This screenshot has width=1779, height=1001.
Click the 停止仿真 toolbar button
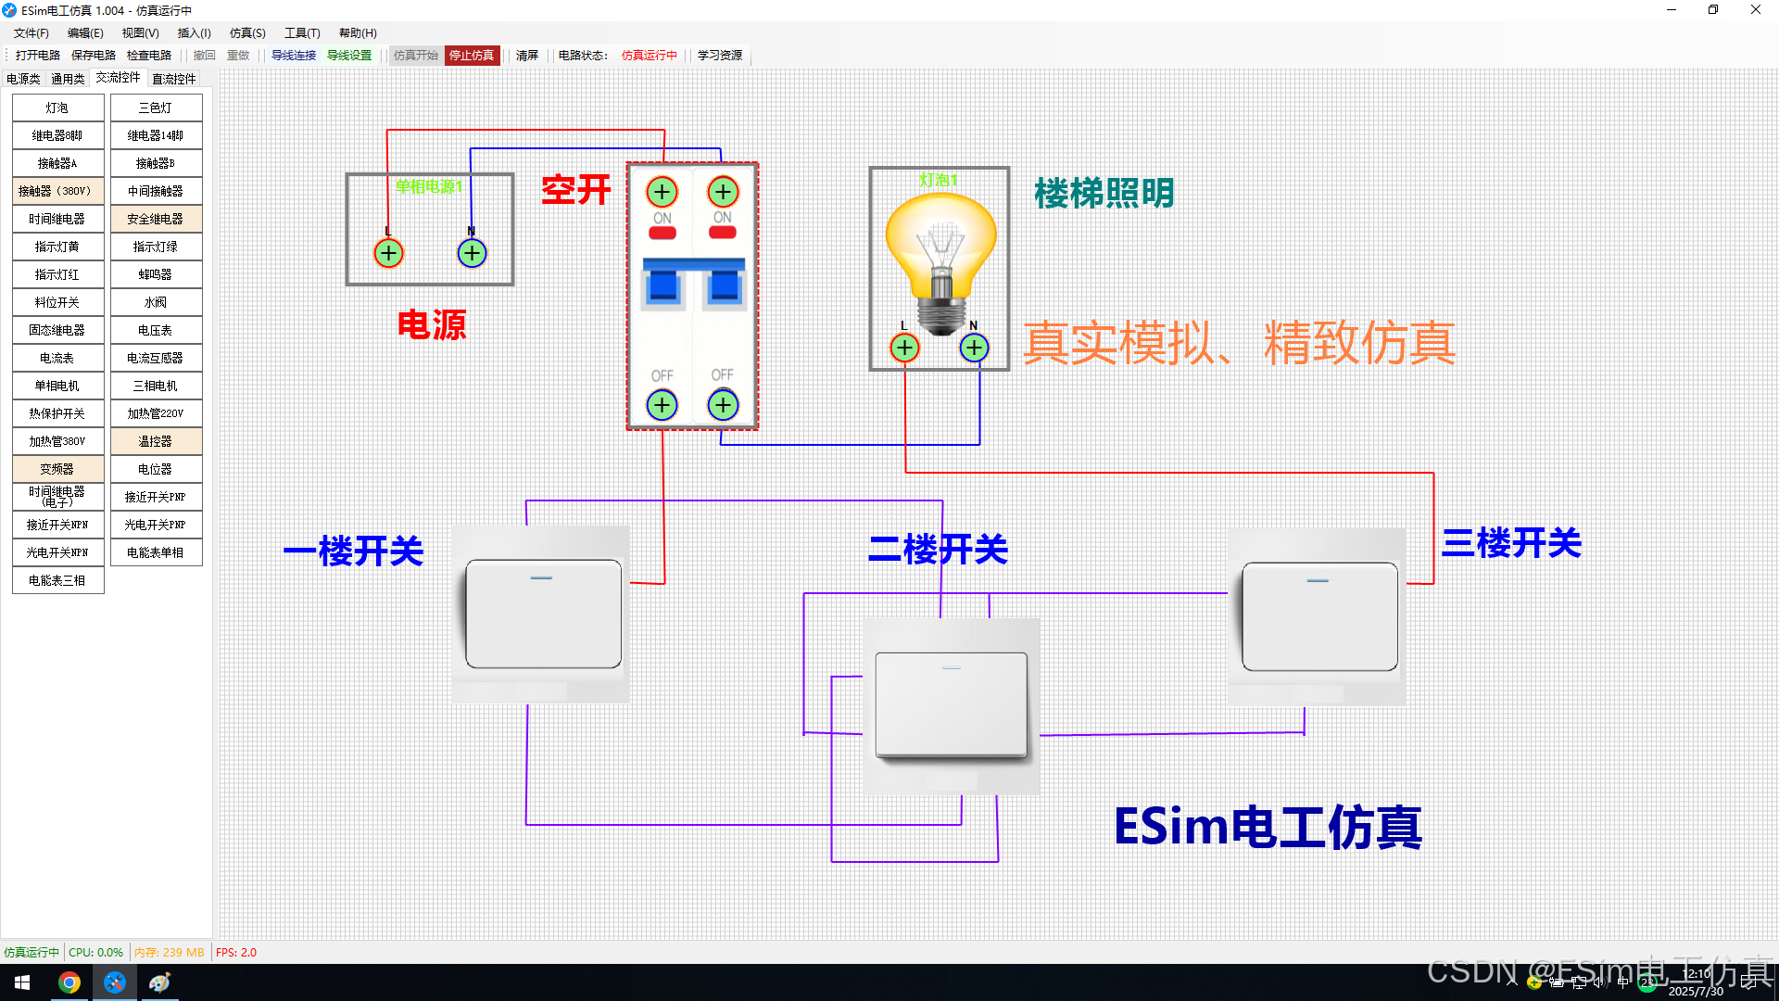(472, 56)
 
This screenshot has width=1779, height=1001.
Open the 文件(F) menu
(32, 33)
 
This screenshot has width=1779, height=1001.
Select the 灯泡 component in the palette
(57, 108)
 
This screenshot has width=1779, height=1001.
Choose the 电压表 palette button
(156, 331)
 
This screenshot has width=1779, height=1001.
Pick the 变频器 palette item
(57, 470)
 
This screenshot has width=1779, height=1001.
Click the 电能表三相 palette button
(57, 581)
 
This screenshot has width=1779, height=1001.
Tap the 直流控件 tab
(174, 79)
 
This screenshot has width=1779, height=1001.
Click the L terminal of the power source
(388, 253)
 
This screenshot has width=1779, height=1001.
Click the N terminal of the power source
(472, 253)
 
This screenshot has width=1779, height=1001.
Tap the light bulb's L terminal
(904, 348)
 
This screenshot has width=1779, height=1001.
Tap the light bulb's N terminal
(974, 348)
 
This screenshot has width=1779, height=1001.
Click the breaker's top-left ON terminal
(662, 193)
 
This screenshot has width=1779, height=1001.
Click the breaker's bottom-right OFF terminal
(723, 405)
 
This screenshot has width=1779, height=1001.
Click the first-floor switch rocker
(543, 614)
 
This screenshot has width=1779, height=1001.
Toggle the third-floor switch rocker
(1319, 616)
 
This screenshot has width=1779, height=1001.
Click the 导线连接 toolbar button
(294, 56)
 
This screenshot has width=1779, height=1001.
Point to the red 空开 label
(576, 190)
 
